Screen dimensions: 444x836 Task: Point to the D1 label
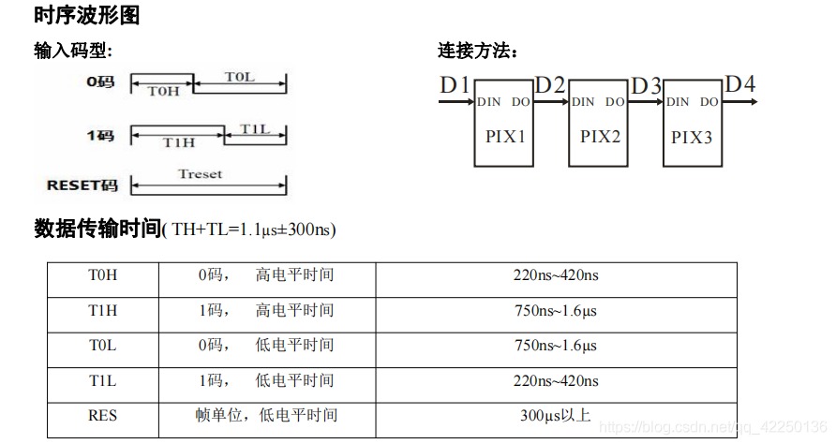pyautogui.click(x=455, y=85)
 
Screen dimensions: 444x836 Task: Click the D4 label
pyautogui.click(x=740, y=84)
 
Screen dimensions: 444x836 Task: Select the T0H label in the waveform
pyautogui.click(x=163, y=91)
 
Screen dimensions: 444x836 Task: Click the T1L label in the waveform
pyautogui.click(x=255, y=128)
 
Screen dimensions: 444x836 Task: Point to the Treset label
pyautogui.click(x=201, y=173)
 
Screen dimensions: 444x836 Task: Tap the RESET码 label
pyautogui.click(x=82, y=185)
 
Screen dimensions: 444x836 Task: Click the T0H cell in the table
pyautogui.click(x=103, y=275)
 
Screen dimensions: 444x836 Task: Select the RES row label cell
pyautogui.click(x=103, y=414)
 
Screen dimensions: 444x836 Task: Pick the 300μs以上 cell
pyautogui.click(x=556, y=414)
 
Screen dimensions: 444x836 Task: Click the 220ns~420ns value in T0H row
pyautogui.click(x=556, y=275)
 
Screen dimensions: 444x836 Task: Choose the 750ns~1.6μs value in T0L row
pyautogui.click(x=556, y=346)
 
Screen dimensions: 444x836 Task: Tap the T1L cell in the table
pyautogui.click(x=103, y=380)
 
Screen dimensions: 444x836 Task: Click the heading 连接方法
pyautogui.click(x=478, y=51)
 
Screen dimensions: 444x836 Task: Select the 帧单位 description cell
pyautogui.click(x=266, y=414)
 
